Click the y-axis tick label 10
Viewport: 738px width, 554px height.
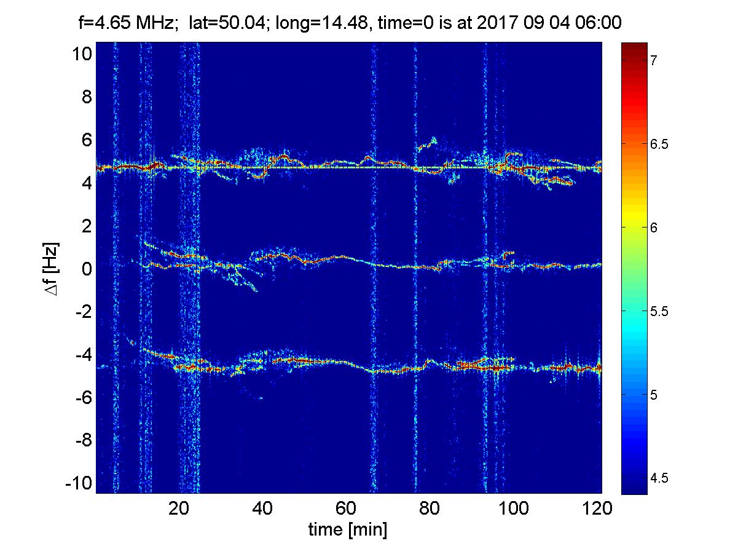tap(80, 54)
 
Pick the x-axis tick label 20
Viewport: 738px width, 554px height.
tap(179, 509)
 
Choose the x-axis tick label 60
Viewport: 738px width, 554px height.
tap(347, 509)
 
